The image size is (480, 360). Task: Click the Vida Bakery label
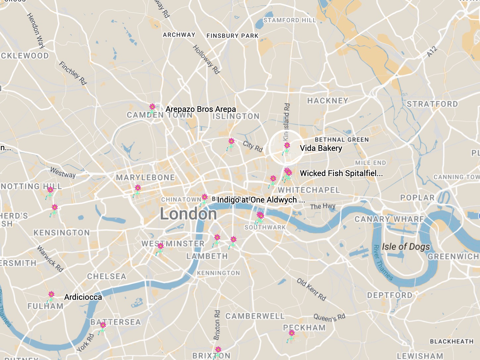click(321, 148)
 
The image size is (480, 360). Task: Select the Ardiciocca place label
click(83, 297)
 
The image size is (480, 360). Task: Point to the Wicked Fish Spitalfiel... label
click(341, 173)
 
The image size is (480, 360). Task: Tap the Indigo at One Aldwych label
click(261, 200)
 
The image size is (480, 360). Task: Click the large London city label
click(188, 214)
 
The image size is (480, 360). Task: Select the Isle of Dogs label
click(406, 247)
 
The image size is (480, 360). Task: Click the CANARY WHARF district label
click(389, 219)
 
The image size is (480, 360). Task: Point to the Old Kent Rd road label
click(311, 289)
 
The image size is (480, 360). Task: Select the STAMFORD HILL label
click(290, 20)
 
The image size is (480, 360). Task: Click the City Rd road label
click(253, 146)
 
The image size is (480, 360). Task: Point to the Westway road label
click(63, 172)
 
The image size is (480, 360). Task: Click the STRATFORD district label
click(432, 104)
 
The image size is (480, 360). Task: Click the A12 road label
click(432, 52)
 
